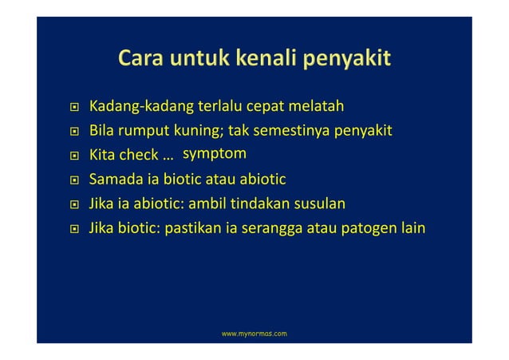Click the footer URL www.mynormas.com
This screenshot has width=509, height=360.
[254, 330]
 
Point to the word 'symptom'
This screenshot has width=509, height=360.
[215, 152]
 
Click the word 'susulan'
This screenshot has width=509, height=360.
[319, 204]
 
